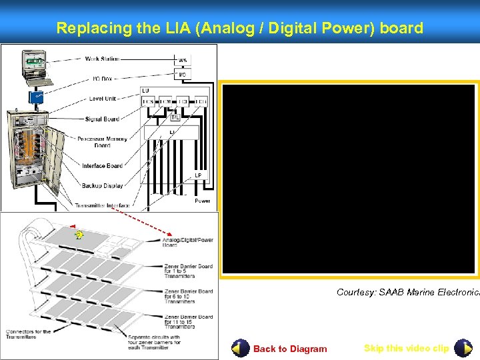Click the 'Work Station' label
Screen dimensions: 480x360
102,59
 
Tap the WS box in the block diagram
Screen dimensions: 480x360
183,60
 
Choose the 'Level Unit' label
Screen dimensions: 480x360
103,99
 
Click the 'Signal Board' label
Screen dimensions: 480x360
102,119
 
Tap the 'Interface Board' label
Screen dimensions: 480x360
102,166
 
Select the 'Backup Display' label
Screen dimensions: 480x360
102,186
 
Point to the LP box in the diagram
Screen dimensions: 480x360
198,175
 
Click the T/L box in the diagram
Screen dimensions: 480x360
175,117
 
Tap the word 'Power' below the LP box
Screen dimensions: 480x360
202,201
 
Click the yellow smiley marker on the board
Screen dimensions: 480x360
79,235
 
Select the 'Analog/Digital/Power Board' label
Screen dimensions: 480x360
187,242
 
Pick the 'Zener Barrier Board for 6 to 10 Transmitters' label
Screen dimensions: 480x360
188,296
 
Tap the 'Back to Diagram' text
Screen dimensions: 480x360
290,349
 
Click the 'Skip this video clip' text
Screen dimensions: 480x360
407,348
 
